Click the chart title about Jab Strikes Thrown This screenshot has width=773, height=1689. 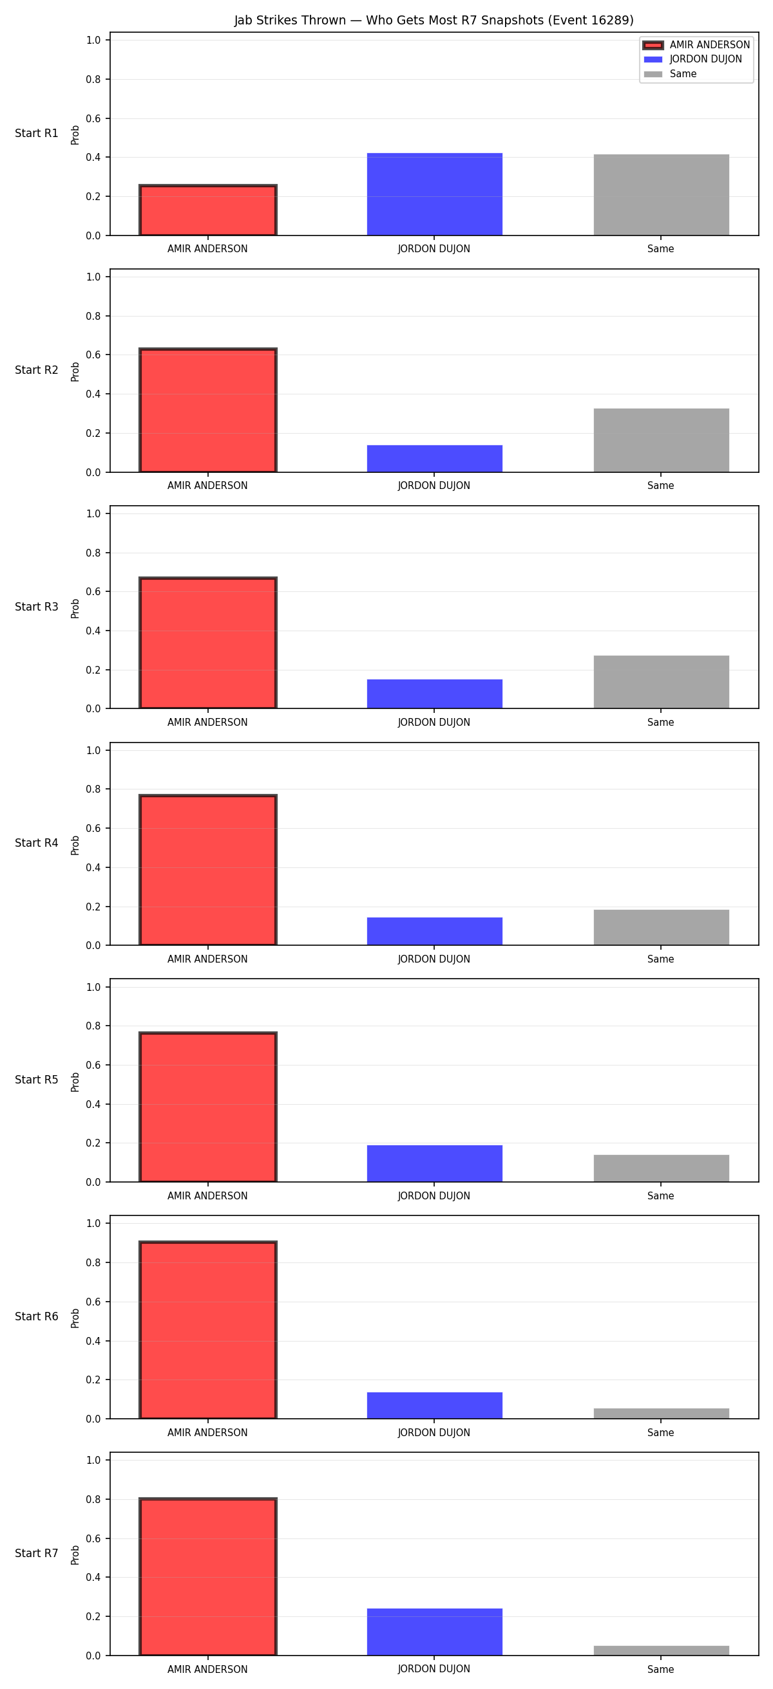434,21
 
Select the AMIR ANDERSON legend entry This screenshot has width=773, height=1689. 696,44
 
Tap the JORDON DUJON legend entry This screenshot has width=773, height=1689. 693,59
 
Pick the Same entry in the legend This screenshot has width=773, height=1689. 670,74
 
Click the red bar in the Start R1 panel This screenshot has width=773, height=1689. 208,210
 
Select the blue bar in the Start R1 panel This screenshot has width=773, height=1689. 434,194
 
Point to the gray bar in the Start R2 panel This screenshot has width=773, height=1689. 661,440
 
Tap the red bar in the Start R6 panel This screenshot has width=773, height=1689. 208,1330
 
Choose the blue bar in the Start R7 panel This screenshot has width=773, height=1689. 434,1631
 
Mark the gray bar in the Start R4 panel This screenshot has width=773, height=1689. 661,927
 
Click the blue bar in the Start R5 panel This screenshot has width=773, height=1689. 434,1163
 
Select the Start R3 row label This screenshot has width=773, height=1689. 37,607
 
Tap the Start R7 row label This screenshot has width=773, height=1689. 37,1553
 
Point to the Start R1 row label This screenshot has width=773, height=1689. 37,133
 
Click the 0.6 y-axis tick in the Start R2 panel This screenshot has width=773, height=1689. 93,355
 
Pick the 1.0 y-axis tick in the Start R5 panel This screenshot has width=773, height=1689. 93,987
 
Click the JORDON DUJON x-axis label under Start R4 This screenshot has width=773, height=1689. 434,959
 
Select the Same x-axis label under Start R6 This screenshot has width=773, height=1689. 660,1433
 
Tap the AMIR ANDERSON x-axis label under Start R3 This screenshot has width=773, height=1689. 207,723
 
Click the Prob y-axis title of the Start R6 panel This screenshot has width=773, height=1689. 75,1318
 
